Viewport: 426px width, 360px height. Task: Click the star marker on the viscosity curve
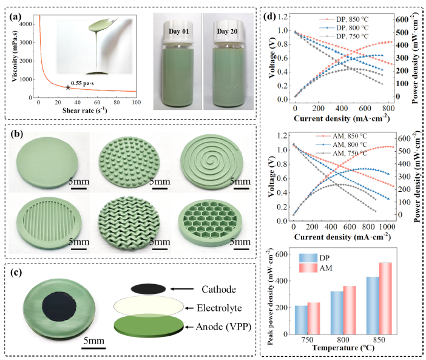point(67,87)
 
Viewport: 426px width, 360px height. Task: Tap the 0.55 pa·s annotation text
point(85,83)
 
